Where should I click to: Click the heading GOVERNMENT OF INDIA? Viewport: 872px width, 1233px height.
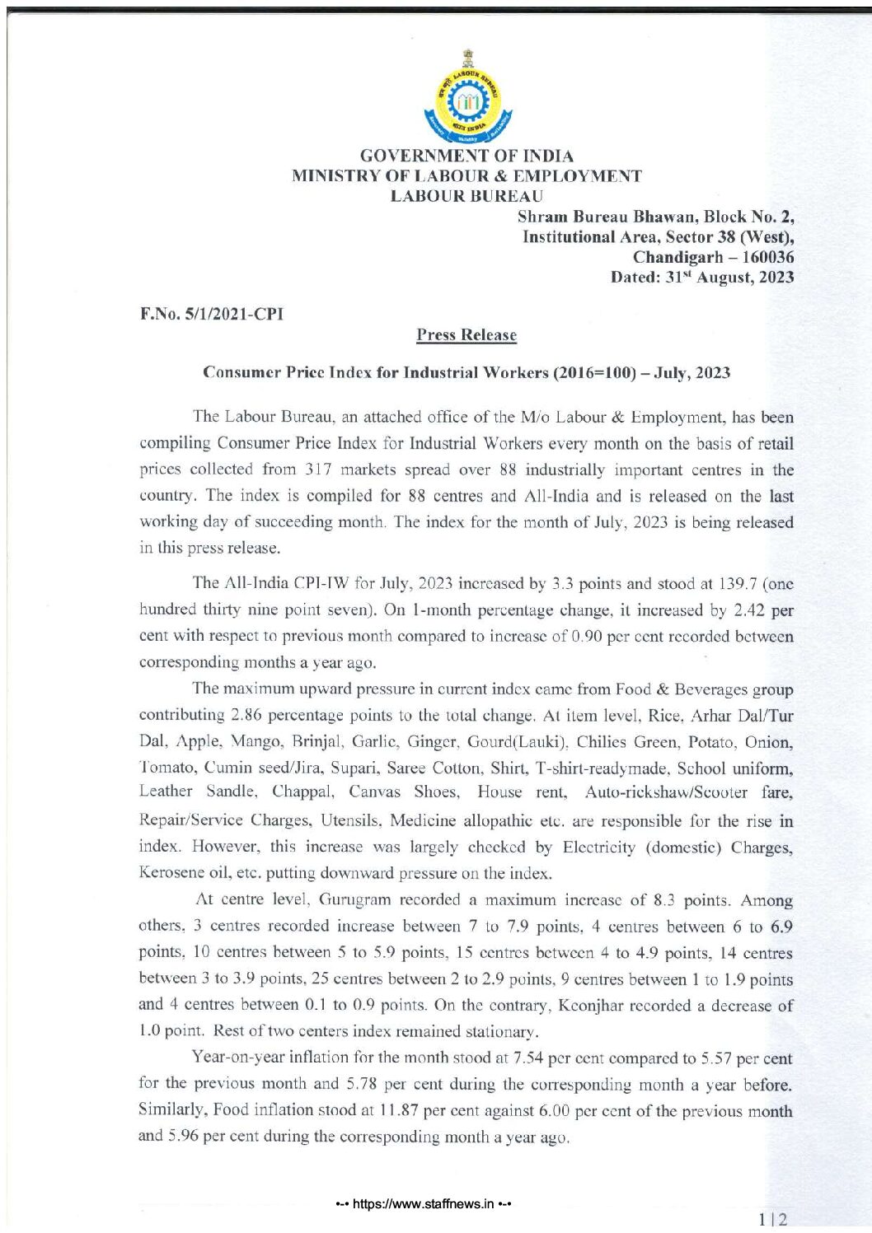[467, 156]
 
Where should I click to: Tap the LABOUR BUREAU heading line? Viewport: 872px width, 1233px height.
[467, 196]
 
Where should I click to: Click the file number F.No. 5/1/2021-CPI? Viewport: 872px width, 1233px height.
[212, 314]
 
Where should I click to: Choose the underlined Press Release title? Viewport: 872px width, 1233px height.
[466, 335]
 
